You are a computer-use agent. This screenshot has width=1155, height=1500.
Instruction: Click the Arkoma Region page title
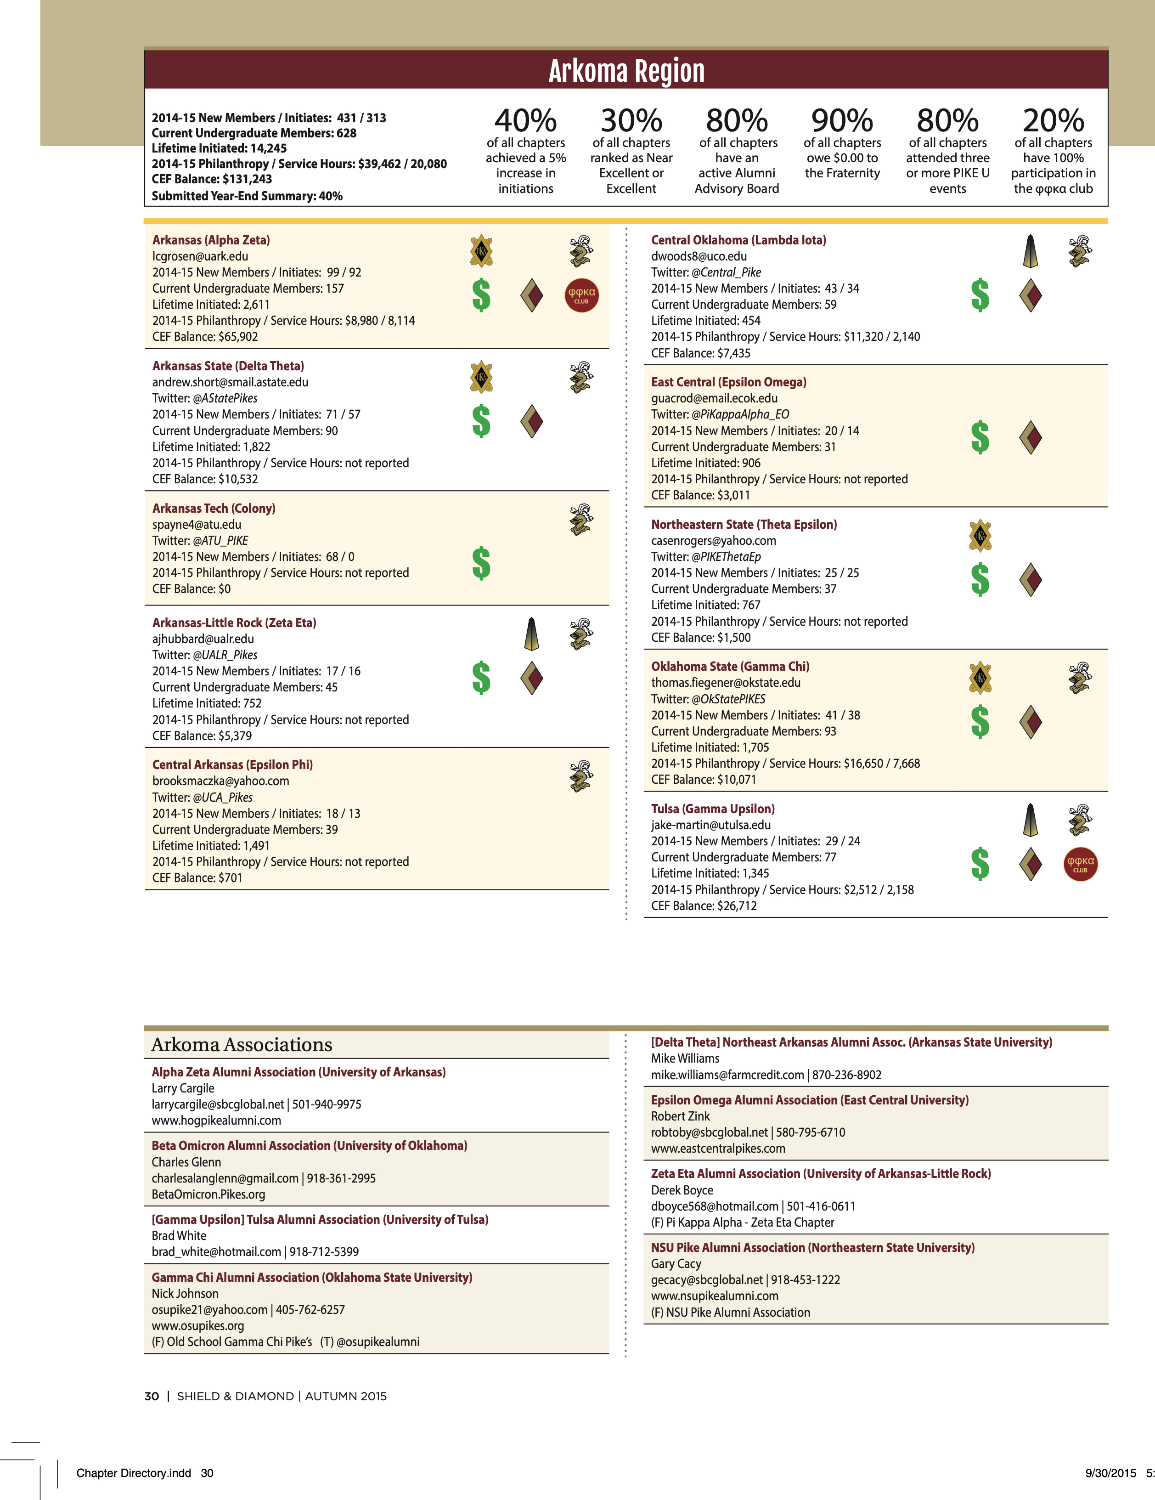point(626,71)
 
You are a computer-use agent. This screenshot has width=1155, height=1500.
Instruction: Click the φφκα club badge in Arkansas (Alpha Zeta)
point(581,295)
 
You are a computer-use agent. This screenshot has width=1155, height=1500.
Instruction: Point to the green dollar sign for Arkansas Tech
point(481,563)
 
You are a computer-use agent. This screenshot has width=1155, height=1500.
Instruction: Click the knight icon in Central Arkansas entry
point(581,777)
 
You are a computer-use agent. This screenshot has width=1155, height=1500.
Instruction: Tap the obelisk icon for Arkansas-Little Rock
point(531,633)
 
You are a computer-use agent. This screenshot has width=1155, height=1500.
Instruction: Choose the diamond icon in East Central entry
point(1030,437)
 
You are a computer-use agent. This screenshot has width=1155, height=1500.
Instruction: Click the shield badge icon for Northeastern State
point(980,535)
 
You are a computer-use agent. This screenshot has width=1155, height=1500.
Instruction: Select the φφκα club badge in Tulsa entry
point(1080,864)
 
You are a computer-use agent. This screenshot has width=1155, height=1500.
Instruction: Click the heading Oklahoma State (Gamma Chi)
point(730,666)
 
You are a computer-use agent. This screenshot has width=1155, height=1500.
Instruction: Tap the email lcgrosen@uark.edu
point(200,256)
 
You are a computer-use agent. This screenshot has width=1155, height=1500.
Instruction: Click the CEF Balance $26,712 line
point(704,906)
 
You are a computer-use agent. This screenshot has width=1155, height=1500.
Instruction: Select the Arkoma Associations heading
point(242,1045)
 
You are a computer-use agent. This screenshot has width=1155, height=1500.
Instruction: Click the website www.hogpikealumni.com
point(216,1120)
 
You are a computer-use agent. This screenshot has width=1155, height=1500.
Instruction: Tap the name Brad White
point(179,1235)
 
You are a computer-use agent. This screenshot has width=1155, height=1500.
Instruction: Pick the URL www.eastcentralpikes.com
point(718,1149)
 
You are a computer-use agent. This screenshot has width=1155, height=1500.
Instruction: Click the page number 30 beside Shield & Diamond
point(151,1396)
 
